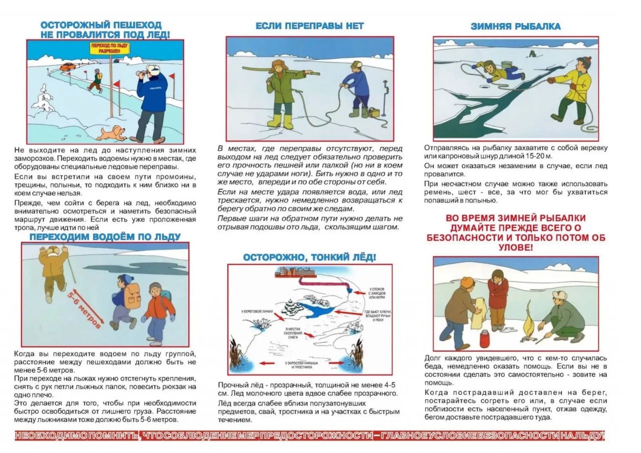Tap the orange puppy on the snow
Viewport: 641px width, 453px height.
(112, 133)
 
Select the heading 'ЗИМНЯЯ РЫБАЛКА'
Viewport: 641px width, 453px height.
(515, 27)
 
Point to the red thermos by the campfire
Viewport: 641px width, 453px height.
(484, 339)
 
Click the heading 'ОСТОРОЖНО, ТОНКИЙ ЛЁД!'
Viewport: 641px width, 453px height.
(309, 257)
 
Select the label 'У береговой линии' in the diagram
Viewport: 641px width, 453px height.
(257, 311)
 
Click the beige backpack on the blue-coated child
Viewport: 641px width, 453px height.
(132, 296)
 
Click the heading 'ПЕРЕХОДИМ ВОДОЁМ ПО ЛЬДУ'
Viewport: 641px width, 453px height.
(105, 237)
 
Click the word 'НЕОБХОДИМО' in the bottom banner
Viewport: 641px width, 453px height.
(46, 436)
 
